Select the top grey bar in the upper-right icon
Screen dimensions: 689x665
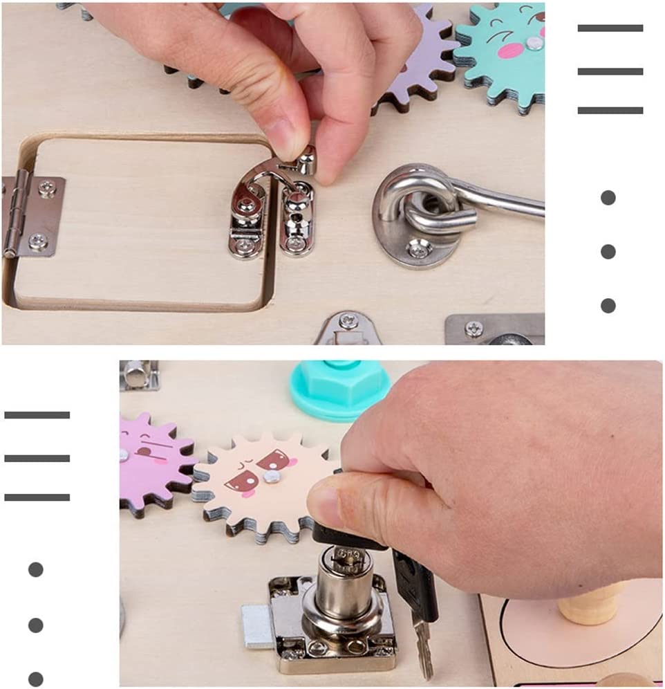(610, 28)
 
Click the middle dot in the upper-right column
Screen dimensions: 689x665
(608, 251)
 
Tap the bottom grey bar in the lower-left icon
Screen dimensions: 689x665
(37, 497)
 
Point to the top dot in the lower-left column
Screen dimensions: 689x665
(36, 569)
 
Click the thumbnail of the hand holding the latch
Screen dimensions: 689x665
(272, 173)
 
